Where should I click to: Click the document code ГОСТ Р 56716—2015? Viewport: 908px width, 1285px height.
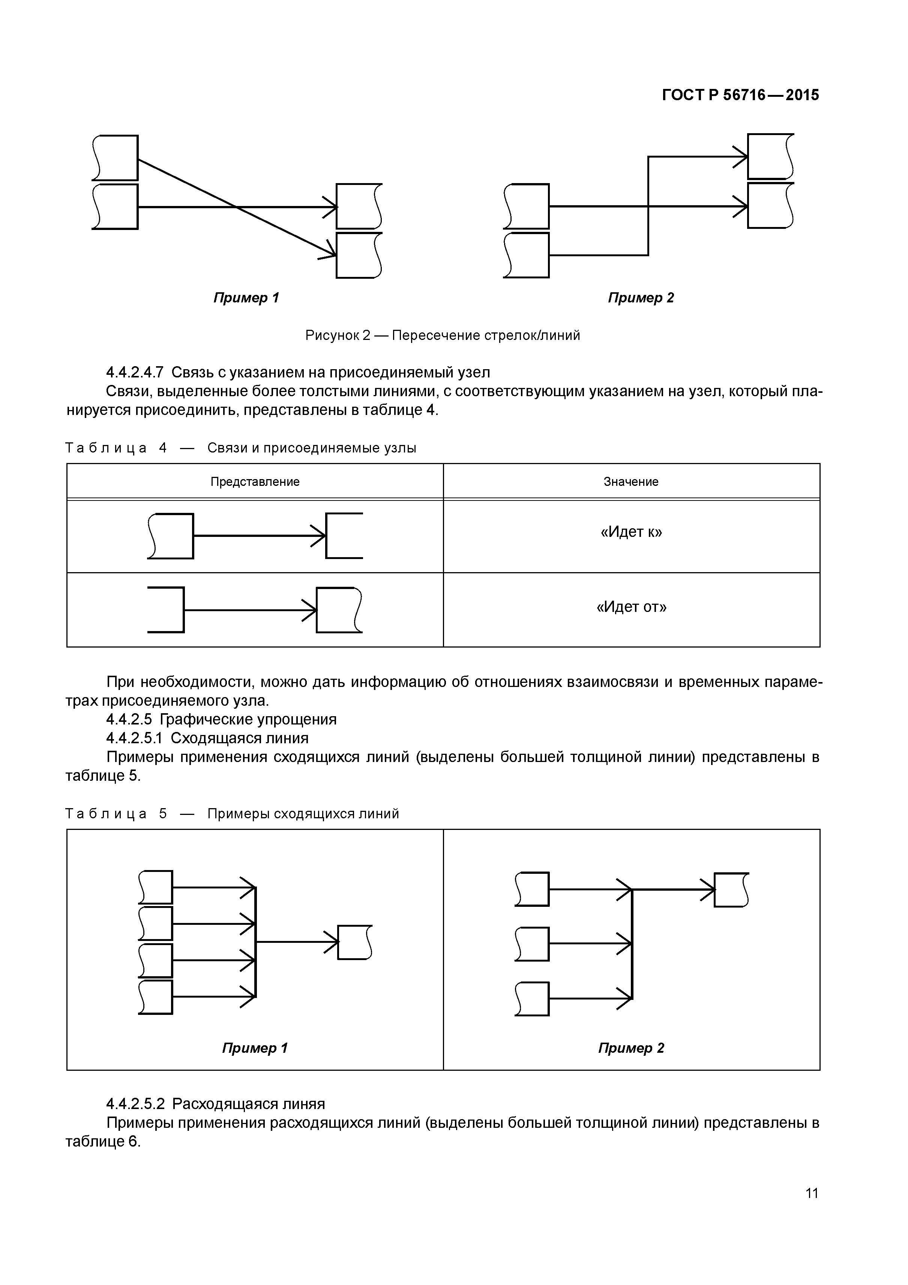coord(740,95)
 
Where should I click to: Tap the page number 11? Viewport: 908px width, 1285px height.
coord(811,1209)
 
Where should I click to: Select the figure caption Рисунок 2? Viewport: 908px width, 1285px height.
coord(338,335)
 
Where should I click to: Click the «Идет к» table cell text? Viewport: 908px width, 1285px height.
coord(631,532)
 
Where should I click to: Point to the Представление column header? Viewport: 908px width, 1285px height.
coord(255,482)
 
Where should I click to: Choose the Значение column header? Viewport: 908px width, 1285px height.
coord(631,482)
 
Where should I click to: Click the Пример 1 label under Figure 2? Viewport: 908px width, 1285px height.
coord(246,298)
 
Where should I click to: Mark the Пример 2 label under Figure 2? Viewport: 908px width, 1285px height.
coord(641,298)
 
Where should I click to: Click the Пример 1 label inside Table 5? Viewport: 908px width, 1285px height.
coord(255,1048)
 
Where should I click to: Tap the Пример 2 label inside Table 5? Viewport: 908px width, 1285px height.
coord(631,1048)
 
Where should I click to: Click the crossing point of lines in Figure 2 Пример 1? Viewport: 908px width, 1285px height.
coord(237,207)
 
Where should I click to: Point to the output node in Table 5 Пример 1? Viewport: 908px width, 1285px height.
coord(355,942)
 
